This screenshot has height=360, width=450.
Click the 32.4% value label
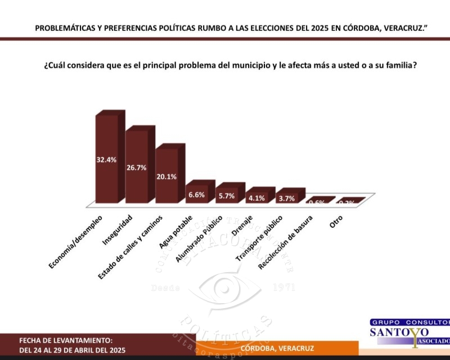pyautogui.click(x=106, y=160)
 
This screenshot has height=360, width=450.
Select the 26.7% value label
pyautogui.click(x=137, y=168)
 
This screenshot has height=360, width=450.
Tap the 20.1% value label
pyautogui.click(x=166, y=177)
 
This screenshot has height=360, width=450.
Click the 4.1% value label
pyautogui.click(x=256, y=197)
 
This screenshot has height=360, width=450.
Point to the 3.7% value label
pyautogui.click(x=286, y=198)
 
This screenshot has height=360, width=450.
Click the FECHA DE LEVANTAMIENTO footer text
pyautogui.click(x=66, y=341)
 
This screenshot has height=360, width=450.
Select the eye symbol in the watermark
pyautogui.click(x=225, y=289)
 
